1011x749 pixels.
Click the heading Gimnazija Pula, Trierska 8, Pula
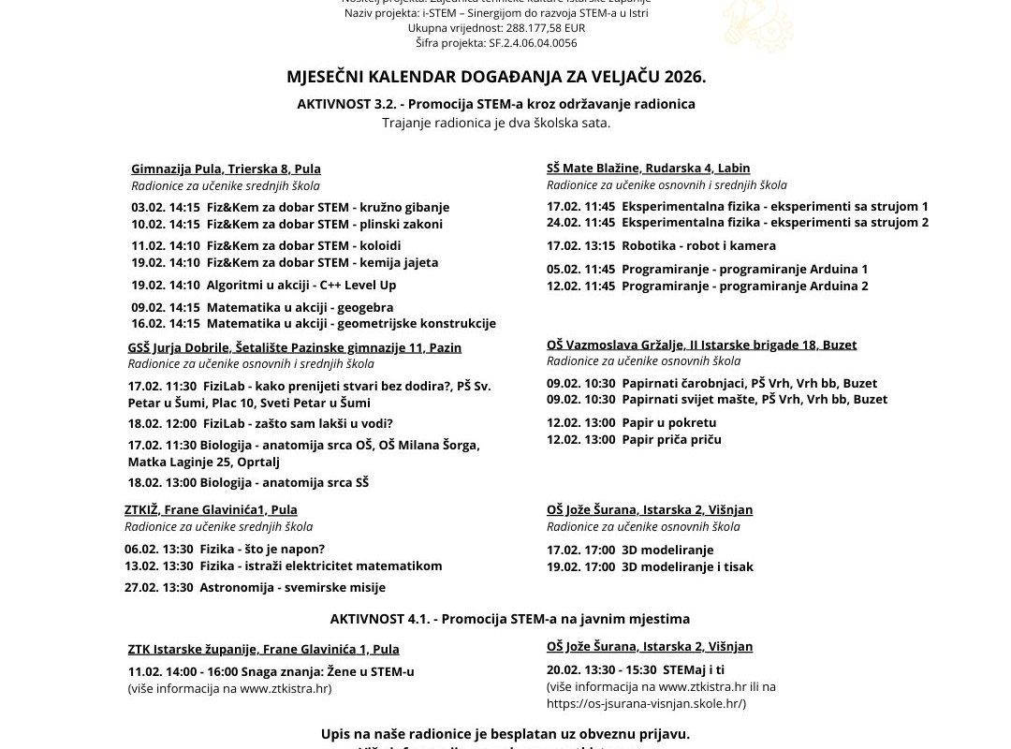pos(226,169)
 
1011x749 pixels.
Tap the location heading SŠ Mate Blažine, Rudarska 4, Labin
pos(648,168)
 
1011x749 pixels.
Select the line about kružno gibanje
pos(290,207)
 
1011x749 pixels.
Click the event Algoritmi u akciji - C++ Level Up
pos(263,285)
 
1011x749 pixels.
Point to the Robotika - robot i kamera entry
pos(661,245)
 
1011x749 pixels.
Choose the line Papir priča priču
pos(634,439)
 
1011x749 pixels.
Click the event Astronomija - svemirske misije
pos(255,587)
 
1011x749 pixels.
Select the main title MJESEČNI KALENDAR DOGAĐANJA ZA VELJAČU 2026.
pos(496,76)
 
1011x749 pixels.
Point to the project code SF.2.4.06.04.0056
pos(496,43)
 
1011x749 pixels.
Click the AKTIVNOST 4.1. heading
pos(509,619)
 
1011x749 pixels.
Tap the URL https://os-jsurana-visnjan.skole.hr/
pos(646,703)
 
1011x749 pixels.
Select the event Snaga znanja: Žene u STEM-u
pos(271,671)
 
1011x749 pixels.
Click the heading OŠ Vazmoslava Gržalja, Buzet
pos(701,345)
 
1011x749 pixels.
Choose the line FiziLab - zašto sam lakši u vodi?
pos(260,423)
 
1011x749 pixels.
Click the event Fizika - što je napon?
pos(225,549)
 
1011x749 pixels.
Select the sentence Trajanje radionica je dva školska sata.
pos(496,123)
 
